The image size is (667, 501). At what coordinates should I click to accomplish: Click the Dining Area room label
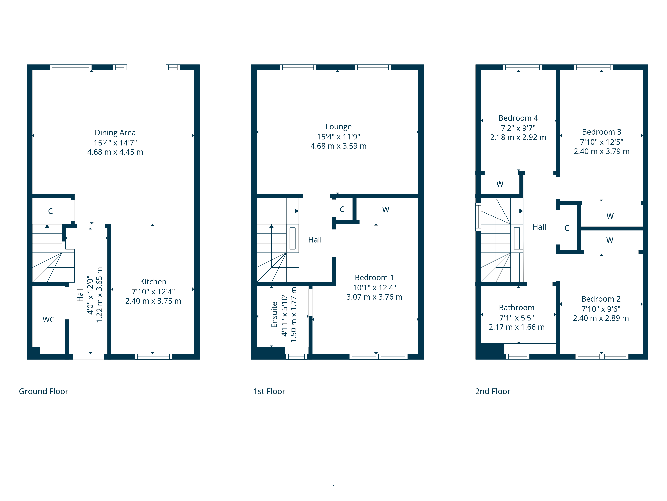click(115, 133)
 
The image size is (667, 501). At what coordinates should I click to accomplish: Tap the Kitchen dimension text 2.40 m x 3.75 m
click(153, 301)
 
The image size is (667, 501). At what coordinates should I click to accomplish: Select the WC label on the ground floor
click(49, 319)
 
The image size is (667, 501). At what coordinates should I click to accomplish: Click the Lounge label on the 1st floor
click(338, 127)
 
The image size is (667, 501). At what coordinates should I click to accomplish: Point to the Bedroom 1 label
click(374, 278)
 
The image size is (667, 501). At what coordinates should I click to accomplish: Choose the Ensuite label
click(274, 315)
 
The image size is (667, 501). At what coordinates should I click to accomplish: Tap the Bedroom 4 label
click(518, 118)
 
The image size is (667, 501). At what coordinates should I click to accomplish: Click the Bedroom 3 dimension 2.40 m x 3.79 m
click(602, 151)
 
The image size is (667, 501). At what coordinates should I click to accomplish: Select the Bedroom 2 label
click(601, 299)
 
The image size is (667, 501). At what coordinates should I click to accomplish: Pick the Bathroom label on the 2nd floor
click(517, 308)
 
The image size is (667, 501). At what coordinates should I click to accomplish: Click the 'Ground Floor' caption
click(44, 391)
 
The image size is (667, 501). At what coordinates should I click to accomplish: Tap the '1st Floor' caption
click(269, 391)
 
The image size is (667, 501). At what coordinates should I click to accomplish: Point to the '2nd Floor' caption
click(493, 391)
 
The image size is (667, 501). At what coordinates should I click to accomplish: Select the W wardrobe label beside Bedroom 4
click(500, 184)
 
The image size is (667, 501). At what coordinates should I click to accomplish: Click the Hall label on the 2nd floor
click(539, 227)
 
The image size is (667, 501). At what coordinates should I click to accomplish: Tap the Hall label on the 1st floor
click(315, 240)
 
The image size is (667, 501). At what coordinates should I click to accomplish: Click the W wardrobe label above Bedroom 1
click(386, 210)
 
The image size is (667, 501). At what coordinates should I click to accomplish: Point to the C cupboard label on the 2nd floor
click(567, 228)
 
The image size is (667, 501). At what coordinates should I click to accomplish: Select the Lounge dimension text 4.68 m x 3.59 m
click(338, 146)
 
